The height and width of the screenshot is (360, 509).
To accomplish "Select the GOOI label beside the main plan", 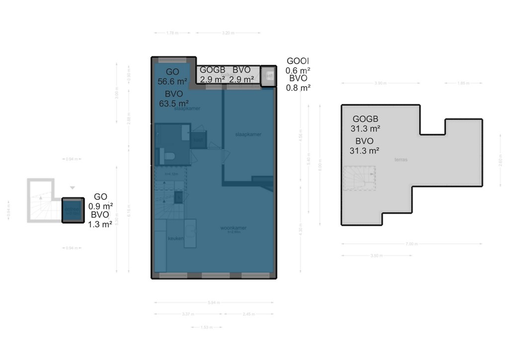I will pos(298,61).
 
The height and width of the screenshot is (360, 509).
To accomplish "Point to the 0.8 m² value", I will pos(298,88).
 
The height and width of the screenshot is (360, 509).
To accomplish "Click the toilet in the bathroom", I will pos(169,156).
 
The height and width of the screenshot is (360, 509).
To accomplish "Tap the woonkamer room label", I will pos(234,229).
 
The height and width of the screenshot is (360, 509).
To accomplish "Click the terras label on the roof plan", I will pos(401,160).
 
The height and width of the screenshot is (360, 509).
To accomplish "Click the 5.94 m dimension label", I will pos(213,302).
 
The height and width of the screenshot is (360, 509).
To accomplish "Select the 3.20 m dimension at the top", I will pos(228,33).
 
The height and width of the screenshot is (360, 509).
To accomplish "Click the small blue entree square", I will pos(73,211).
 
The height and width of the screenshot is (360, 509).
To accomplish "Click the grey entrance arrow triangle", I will pos(73,187).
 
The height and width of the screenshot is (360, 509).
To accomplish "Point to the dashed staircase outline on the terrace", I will pos(359,179).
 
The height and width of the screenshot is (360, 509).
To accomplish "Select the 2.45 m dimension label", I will pos(250,314).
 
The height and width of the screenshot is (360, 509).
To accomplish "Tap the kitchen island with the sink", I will pos(190,234).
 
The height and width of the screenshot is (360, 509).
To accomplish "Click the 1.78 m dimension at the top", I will pos(172,33).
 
